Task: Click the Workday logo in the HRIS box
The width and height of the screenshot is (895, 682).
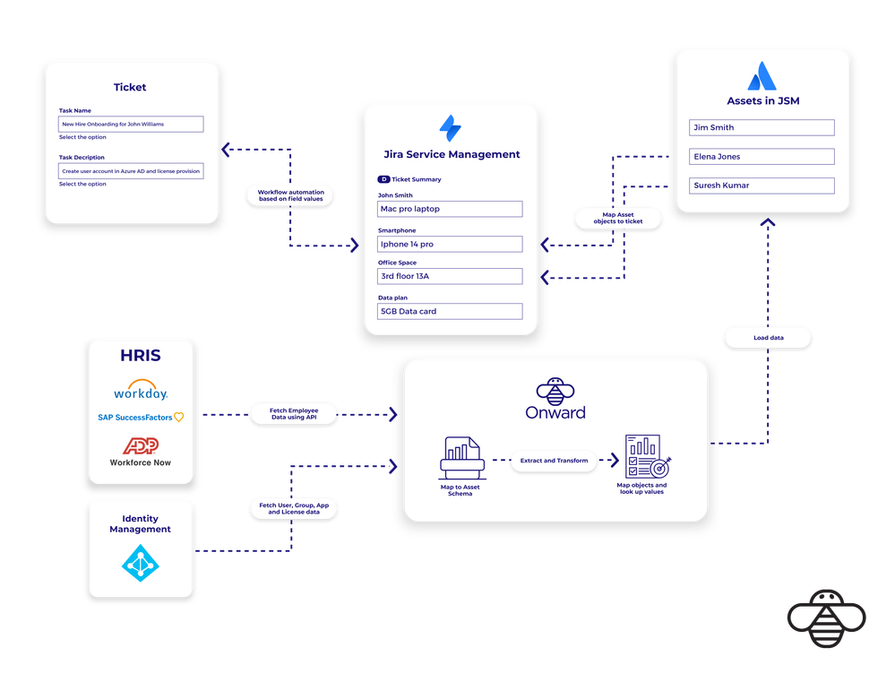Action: coord(141,392)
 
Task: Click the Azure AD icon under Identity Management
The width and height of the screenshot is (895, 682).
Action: coord(140,564)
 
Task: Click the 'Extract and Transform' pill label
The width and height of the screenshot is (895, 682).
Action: coord(555,461)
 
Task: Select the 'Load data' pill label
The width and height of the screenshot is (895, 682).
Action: coord(767,338)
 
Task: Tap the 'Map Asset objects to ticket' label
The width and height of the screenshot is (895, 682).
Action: coord(617,218)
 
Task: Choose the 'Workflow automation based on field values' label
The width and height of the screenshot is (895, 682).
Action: coord(290,195)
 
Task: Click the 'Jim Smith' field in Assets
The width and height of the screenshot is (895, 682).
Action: coord(762,127)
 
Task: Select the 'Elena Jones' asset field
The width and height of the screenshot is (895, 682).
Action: coord(762,157)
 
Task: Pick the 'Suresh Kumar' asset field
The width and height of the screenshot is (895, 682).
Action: coord(762,186)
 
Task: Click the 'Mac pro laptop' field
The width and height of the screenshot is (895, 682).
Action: coord(450,209)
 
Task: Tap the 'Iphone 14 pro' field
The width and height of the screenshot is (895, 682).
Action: coord(450,244)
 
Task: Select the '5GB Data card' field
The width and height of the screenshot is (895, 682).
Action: coord(450,311)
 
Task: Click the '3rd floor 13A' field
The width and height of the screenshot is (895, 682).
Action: coord(450,276)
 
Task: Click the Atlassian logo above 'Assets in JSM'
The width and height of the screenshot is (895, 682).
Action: coord(762,75)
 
